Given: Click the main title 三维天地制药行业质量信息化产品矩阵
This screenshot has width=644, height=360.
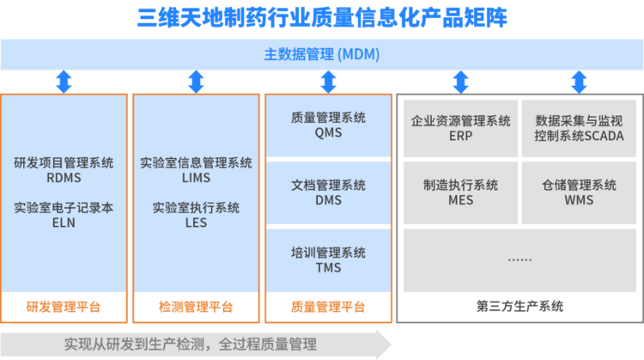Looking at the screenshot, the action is pyautogui.click(x=322, y=18).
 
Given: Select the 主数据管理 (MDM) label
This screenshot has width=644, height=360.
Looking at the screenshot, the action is pyautogui.click(x=322, y=54).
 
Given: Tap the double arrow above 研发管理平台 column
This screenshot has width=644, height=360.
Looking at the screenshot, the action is pyautogui.click(x=64, y=82).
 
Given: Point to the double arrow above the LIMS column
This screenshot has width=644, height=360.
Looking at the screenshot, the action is pyautogui.click(x=196, y=82).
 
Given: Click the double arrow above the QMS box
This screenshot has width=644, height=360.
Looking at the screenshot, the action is pyautogui.click(x=328, y=82).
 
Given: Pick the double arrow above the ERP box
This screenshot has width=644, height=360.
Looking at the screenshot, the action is pyautogui.click(x=460, y=82).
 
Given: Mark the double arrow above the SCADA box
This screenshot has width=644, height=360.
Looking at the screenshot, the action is pyautogui.click(x=579, y=82).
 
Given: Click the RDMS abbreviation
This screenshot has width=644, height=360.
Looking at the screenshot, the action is pyautogui.click(x=64, y=178).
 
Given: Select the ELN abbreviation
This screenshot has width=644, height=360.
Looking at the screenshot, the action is pyautogui.click(x=64, y=223).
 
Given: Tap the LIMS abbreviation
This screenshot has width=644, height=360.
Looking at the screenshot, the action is pyautogui.click(x=196, y=178).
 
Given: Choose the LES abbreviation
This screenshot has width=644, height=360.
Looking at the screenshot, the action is pyautogui.click(x=196, y=223).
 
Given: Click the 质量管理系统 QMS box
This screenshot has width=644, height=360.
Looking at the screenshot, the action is pyautogui.click(x=328, y=125).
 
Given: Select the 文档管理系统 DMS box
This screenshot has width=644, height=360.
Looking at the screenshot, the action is pyautogui.click(x=328, y=192).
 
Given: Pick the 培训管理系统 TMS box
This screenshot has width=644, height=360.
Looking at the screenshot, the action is pyautogui.click(x=328, y=260).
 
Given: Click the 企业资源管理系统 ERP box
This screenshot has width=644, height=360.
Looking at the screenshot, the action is pyautogui.click(x=460, y=128).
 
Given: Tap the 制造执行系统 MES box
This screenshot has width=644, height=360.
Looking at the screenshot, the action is pyautogui.click(x=460, y=192).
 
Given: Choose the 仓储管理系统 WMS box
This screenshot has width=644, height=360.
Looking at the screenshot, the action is pyautogui.click(x=579, y=192).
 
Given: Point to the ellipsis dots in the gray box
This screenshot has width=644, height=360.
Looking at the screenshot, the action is pyautogui.click(x=519, y=259).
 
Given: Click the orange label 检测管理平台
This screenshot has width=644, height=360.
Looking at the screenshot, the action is pyautogui.click(x=196, y=307).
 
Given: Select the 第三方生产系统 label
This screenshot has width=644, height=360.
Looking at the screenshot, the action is pyautogui.click(x=519, y=306).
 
